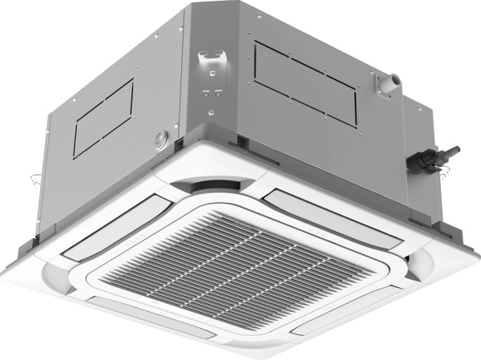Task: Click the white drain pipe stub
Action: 394,80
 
